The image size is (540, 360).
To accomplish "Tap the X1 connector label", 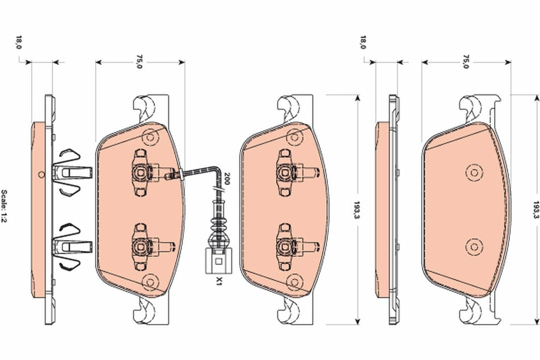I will point(218,280).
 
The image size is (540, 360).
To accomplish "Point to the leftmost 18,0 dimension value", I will point(19,42).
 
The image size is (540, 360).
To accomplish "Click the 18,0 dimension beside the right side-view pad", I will point(363,42).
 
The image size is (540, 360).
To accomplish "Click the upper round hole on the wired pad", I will point(150,136).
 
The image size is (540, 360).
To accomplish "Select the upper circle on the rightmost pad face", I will point(472,171).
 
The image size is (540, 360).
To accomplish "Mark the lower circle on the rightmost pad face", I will point(472,246).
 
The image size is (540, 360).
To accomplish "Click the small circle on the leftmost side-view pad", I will point(40,174).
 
